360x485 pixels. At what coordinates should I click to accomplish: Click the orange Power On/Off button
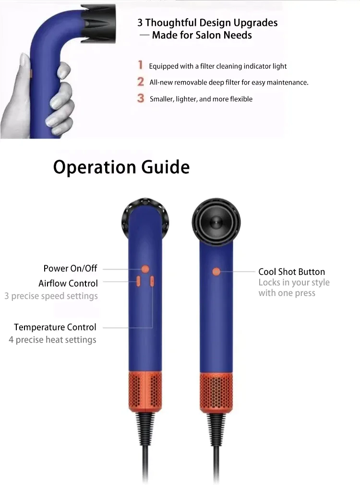(x=145, y=269)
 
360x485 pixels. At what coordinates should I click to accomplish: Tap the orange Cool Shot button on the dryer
(x=216, y=272)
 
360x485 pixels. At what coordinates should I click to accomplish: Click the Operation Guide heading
(x=121, y=167)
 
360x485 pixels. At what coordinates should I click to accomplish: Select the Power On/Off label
(x=70, y=268)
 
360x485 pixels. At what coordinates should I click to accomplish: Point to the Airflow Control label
(x=68, y=284)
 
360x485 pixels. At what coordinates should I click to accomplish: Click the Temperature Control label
(x=55, y=327)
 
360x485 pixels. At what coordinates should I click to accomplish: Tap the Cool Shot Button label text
(x=291, y=272)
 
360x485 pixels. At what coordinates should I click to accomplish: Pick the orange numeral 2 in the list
(x=141, y=82)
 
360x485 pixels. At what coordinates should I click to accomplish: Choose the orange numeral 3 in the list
(x=141, y=98)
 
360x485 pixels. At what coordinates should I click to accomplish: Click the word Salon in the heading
(x=209, y=35)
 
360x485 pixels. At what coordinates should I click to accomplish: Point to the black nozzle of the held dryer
(x=98, y=23)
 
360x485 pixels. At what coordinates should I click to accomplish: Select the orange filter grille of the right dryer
(x=216, y=392)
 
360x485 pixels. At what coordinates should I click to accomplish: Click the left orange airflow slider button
(x=138, y=282)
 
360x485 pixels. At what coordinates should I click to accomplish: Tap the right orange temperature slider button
(x=152, y=282)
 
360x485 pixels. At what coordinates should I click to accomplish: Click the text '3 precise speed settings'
(x=51, y=296)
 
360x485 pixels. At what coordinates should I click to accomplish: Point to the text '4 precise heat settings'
(x=53, y=340)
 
